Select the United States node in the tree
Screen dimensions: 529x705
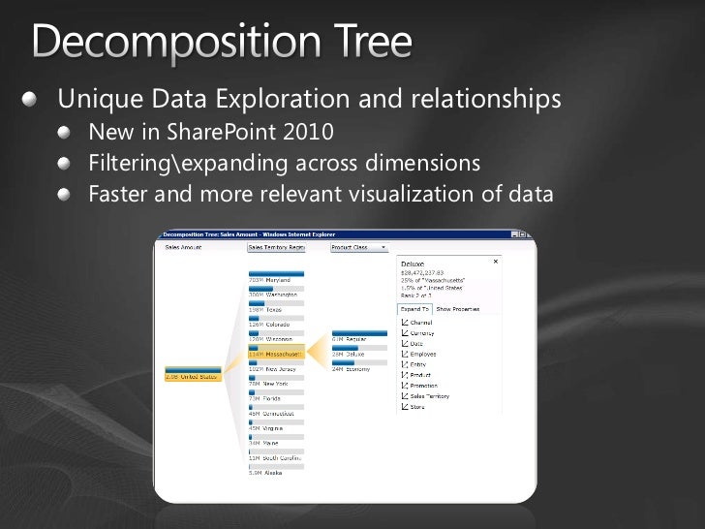click(x=194, y=376)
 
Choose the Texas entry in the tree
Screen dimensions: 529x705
click(x=267, y=310)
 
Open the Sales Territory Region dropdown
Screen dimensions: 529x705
click(x=277, y=247)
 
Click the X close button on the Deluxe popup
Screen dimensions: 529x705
click(x=497, y=261)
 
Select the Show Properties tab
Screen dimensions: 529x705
click(x=458, y=308)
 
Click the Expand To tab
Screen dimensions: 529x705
click(x=414, y=308)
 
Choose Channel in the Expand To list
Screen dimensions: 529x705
click(x=421, y=322)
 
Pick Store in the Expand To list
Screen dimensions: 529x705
click(x=418, y=407)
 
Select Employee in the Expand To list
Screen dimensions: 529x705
click(x=424, y=354)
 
